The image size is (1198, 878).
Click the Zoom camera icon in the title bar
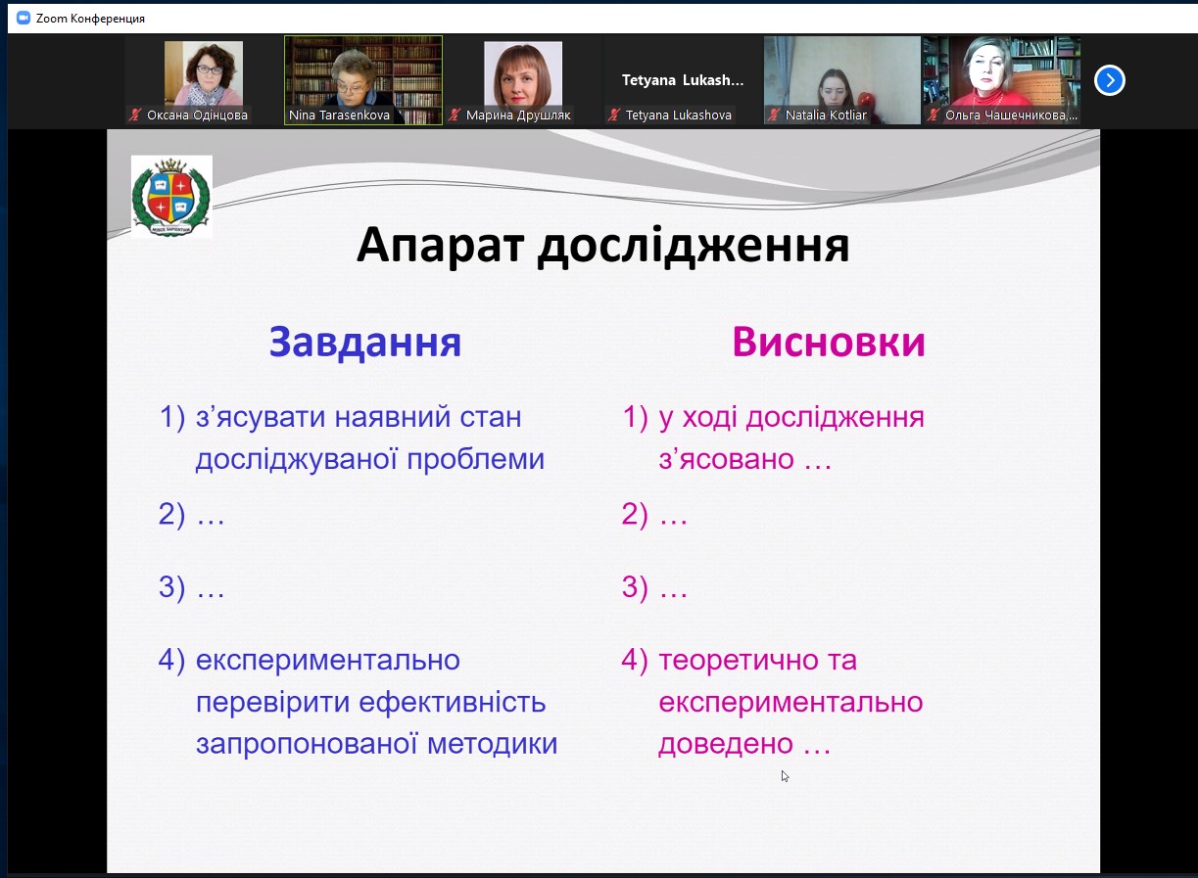tap(23, 19)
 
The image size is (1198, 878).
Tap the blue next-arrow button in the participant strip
tap(1110, 80)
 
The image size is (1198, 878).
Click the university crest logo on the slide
tap(171, 196)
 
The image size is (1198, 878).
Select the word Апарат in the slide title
tap(440, 246)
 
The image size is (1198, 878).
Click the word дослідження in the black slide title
tap(694, 247)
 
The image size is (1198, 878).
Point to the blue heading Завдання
tap(364, 342)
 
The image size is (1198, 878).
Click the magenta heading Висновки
tap(829, 342)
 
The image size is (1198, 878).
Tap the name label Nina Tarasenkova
tap(339, 115)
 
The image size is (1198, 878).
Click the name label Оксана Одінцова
tap(197, 115)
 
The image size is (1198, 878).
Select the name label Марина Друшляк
tap(518, 115)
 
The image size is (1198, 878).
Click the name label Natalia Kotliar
tap(826, 115)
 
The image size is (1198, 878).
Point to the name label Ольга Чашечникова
tap(1011, 115)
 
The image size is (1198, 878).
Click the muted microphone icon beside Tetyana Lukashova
tap(613, 115)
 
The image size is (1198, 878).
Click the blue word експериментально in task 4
tap(328, 661)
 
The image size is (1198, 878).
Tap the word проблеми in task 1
tap(475, 460)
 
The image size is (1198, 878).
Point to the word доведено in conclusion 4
tap(725, 744)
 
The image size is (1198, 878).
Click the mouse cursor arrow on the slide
tap(785, 776)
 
